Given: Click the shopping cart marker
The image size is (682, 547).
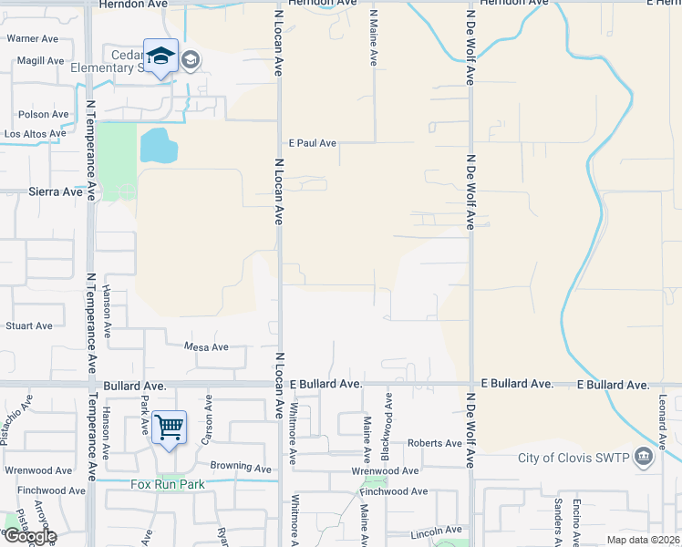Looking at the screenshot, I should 170,427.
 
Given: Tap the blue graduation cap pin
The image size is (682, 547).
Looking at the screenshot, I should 160,57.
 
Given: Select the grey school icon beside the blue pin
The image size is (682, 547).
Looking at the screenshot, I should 191,61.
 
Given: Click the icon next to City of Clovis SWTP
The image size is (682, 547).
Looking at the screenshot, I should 644,457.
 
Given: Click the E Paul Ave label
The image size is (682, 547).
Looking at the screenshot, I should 313,143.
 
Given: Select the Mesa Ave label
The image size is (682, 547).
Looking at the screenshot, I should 206,347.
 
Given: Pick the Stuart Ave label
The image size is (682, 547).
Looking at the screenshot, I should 29,325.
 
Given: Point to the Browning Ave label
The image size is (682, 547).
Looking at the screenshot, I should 241,467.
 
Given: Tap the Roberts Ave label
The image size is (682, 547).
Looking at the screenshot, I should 435,443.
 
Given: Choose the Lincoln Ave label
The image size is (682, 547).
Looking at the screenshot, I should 437,531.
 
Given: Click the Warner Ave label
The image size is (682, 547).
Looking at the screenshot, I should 34,39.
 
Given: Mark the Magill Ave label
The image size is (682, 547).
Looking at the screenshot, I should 38,61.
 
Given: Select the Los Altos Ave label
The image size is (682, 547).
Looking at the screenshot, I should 35,133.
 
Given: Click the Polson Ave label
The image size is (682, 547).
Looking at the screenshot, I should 43,115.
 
